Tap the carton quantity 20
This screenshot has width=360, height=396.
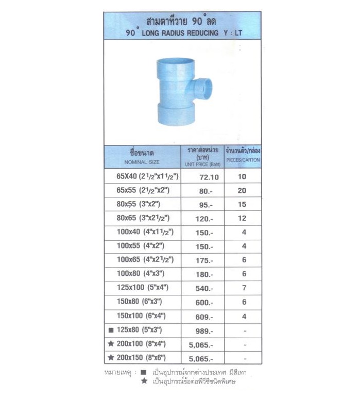(242, 190)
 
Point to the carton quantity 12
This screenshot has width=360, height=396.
(242, 218)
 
